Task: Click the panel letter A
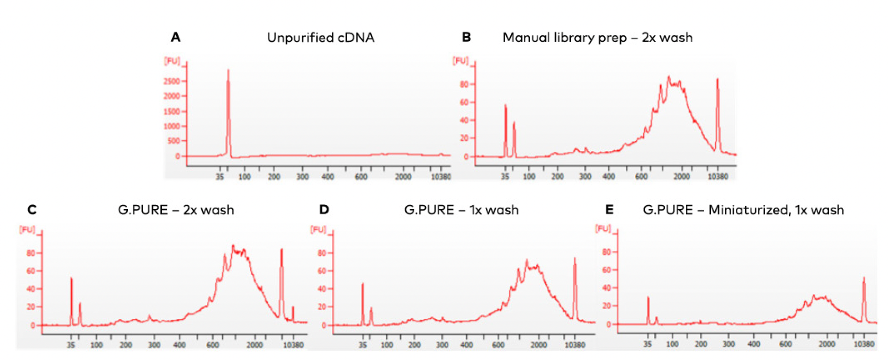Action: tap(175, 37)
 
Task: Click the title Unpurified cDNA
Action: tap(321, 38)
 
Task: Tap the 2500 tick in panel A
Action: tap(172, 82)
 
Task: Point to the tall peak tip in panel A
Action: tap(228, 71)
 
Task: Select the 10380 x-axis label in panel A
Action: tap(441, 177)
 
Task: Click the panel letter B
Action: tap(466, 37)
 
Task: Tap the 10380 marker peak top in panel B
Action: tap(717, 79)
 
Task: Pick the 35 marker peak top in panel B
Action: tap(505, 106)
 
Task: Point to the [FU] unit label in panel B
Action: tap(460, 61)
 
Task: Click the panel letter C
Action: tap(32, 210)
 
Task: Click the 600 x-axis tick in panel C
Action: tap(213, 345)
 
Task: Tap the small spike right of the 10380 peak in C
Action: tap(293, 307)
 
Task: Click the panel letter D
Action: tap(324, 210)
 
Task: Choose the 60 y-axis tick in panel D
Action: tap(322, 271)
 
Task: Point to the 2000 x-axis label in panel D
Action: tap(539, 345)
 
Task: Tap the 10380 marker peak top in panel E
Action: tap(864, 278)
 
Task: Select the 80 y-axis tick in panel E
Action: tap(607, 252)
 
